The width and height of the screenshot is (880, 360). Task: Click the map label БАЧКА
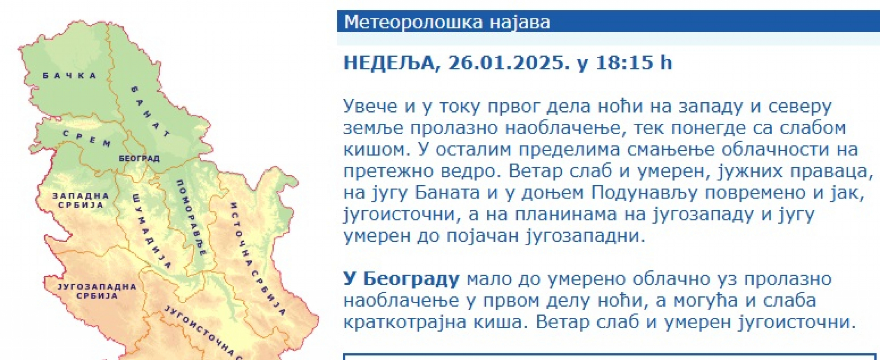tap(69, 76)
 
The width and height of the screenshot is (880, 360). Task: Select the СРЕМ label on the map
tap(86, 138)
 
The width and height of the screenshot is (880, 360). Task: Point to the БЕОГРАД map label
tap(139, 159)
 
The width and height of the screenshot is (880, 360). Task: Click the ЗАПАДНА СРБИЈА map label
tap(81, 200)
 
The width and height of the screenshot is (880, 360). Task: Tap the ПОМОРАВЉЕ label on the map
tap(192, 217)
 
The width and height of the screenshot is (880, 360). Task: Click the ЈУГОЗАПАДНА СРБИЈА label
tap(97, 291)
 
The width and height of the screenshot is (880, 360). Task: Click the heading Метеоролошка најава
tap(447, 22)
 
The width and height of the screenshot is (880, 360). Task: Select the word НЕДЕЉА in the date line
tap(389, 63)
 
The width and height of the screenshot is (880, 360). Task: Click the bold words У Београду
tap(401, 279)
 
